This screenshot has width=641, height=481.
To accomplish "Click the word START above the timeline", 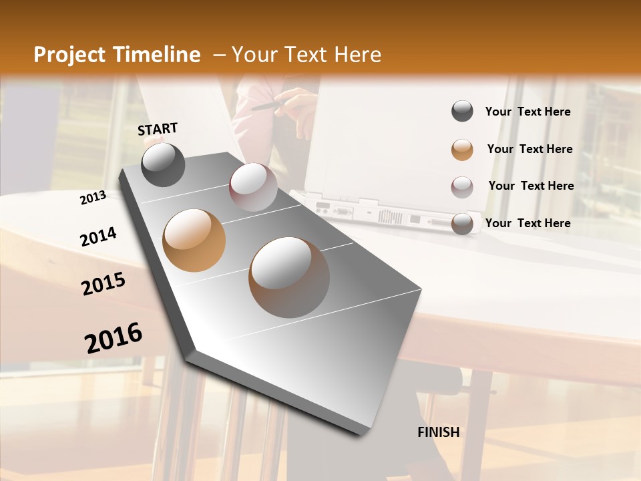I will click(158, 129).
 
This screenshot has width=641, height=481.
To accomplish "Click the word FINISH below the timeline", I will click(438, 432).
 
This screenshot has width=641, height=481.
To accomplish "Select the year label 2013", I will click(93, 198).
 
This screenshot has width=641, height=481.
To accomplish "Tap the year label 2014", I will click(98, 236).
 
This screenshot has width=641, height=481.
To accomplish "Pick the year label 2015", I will click(103, 284).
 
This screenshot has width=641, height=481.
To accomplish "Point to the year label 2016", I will click(114, 338).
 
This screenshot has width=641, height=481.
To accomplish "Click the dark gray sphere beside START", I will click(163, 164).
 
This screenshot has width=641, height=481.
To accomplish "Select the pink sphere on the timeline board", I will click(253, 187).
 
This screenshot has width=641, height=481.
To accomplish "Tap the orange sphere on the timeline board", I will click(194, 240).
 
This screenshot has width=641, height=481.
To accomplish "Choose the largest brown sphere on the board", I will click(289, 277).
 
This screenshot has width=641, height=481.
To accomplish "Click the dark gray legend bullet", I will click(462, 112).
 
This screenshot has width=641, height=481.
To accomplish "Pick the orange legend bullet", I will click(462, 150).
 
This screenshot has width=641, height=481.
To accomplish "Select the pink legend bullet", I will click(462, 187).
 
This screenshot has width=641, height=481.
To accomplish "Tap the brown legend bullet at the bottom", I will click(462, 224).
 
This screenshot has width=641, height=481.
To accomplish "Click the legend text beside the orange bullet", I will click(529, 149).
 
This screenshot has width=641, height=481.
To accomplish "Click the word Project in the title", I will click(68, 55).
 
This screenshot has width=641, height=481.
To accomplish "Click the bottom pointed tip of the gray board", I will click(361, 434).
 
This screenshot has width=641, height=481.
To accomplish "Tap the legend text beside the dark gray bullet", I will click(527, 112).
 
